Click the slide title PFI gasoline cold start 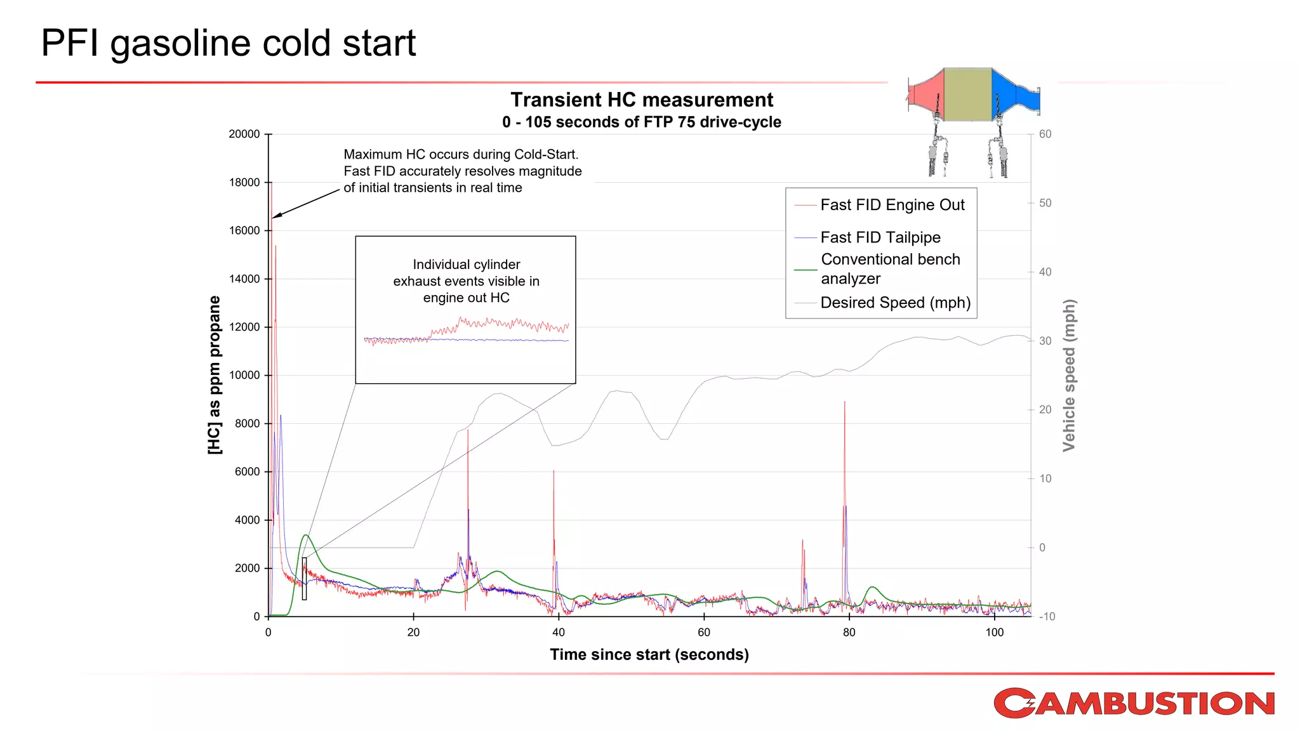228,43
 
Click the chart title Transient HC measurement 642,100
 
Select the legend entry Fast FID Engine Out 892,205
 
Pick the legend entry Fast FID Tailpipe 880,237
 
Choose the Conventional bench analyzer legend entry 890,269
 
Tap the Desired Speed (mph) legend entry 895,303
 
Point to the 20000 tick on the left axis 244,134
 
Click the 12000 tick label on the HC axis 244,327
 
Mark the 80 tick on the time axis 849,632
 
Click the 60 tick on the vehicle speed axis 1045,134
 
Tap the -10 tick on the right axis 1047,616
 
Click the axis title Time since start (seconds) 649,654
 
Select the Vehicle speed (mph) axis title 1069,375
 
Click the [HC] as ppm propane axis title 215,375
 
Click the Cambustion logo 1134,703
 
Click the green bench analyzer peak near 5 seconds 306,536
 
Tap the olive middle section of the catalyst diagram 967,95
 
